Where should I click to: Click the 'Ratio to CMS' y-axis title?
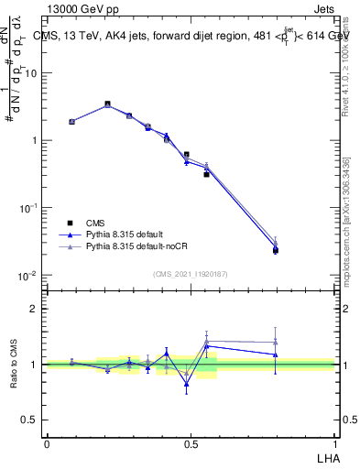point(15,364)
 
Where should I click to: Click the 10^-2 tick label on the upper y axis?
point(29,276)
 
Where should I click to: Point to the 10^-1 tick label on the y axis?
point(29,208)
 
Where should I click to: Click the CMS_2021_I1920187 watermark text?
point(190,273)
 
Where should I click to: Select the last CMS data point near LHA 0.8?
point(276,250)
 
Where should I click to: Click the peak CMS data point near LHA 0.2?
point(107,104)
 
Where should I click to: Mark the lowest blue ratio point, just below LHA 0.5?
point(187,384)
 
